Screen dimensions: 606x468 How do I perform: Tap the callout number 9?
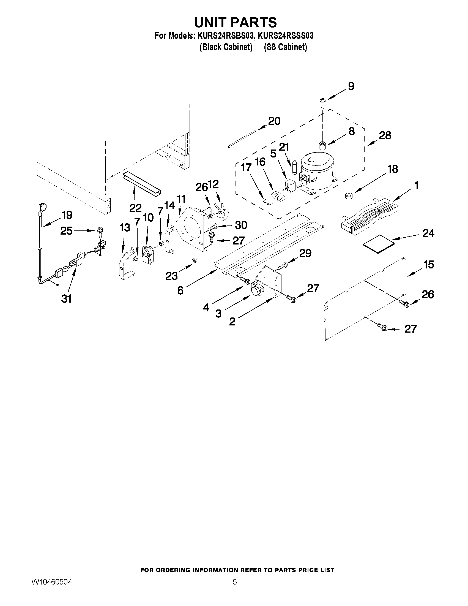click(351, 86)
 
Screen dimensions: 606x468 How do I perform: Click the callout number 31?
click(66, 299)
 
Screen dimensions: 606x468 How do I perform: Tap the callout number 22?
click(135, 208)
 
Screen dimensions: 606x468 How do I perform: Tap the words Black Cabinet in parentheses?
click(226, 47)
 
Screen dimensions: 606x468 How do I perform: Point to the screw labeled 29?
click(282, 266)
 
